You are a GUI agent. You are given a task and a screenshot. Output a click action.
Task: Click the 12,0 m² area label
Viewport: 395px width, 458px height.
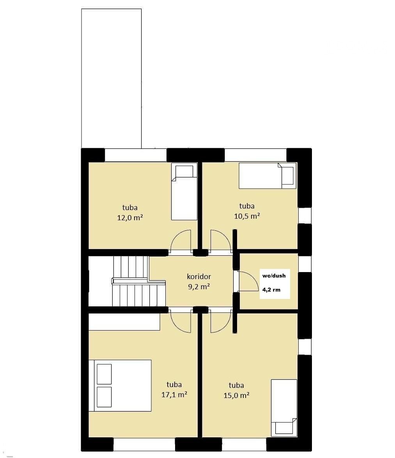130,218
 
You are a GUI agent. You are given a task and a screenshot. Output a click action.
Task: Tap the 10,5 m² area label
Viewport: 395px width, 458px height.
247,216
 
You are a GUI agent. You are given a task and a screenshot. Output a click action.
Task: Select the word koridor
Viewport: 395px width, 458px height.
199,276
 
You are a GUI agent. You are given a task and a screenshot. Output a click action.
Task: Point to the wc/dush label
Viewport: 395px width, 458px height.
274,276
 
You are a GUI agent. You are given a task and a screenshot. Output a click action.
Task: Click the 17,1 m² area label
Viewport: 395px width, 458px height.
174,394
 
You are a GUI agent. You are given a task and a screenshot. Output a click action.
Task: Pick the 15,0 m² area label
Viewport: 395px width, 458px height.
236,395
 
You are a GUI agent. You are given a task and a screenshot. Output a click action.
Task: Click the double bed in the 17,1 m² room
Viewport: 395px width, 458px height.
120,385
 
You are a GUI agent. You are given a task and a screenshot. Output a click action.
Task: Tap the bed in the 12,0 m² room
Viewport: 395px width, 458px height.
184,193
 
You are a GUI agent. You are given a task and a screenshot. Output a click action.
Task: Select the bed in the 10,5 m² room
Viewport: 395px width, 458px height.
267,175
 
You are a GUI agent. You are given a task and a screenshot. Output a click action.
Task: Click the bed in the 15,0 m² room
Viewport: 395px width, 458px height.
284,408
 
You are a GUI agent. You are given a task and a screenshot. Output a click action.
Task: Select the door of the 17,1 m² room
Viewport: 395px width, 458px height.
181,322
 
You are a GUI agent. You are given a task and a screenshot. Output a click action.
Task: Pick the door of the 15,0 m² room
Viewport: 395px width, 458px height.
221,322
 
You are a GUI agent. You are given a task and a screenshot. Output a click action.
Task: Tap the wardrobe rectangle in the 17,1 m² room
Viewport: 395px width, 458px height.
124,322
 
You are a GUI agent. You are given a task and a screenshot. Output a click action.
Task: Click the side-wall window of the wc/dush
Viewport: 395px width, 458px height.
305,263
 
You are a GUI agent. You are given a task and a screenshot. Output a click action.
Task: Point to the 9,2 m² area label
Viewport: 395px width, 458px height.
199,286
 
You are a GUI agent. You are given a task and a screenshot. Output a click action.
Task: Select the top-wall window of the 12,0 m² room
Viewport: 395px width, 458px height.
136,155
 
